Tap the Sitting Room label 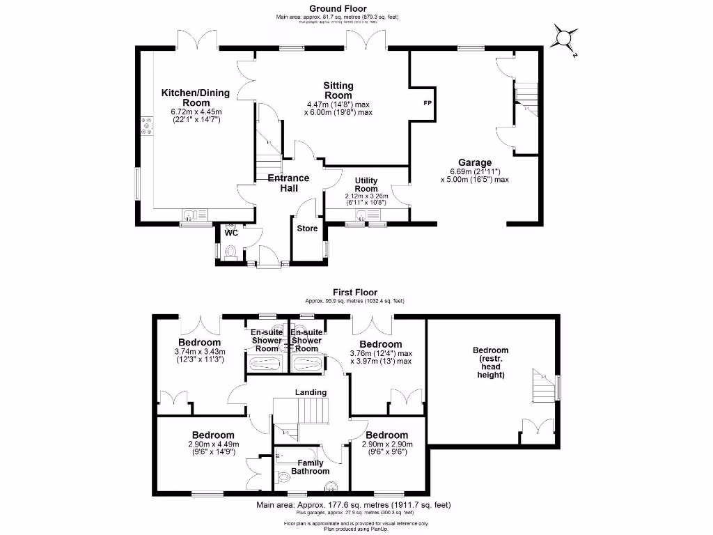pos(338,91)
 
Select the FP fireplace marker pos(427,103)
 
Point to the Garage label pos(475,163)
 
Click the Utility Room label pos(366,185)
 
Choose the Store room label pos(308,228)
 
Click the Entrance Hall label pos(289,183)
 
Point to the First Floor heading pos(355,293)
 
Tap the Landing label pos(310,392)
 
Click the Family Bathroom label pos(310,467)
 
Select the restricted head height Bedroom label pos(491,362)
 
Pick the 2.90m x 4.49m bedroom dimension pos(213,448)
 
